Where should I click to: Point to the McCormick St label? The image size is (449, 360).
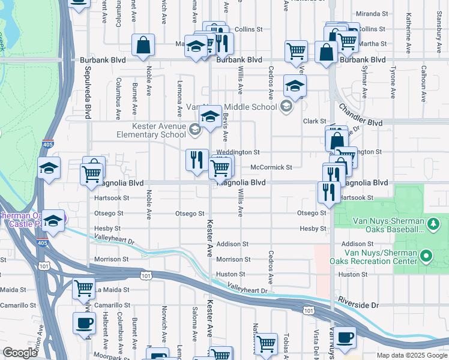(x=271, y=167)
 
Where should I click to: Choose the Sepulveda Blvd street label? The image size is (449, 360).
(x=88, y=97)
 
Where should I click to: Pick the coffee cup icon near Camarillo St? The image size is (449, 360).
(x=84, y=323)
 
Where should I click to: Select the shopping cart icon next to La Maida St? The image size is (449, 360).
(x=83, y=287)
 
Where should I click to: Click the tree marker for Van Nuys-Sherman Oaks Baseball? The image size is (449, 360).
(x=432, y=224)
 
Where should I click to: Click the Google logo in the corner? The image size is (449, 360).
(x=20, y=353)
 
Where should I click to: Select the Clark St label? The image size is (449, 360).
(x=314, y=121)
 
